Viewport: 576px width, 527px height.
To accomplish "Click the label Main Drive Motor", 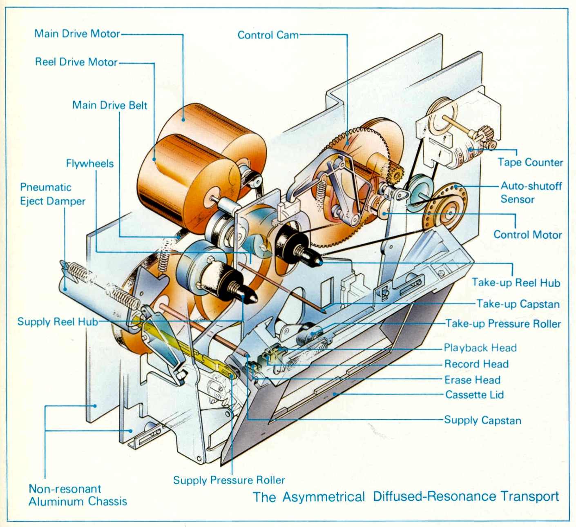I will (77, 33).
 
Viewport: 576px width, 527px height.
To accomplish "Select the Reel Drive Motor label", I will (76, 62).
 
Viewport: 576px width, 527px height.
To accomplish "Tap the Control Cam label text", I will (268, 35).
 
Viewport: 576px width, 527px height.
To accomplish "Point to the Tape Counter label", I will (530, 162).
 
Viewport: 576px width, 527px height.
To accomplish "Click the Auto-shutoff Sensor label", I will (531, 193).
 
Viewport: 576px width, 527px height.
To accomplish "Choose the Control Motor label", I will (527, 235).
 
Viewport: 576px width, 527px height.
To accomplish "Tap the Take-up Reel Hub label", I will (516, 283).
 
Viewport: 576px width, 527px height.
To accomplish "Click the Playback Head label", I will (480, 348).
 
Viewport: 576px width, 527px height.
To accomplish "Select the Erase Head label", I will (472, 380).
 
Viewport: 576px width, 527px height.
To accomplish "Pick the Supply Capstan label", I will (482, 420).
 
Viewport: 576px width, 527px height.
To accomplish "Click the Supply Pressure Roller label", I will (229, 480).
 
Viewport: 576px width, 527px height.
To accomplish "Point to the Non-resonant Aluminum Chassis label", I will (78, 495).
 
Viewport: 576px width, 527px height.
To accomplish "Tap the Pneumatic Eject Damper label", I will (53, 194).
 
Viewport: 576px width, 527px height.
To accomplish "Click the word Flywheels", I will (90, 164).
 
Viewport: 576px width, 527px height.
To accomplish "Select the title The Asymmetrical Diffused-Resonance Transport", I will (405, 496).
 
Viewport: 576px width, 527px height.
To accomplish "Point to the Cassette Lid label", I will (474, 395).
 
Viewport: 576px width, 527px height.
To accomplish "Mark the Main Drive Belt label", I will (109, 105).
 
